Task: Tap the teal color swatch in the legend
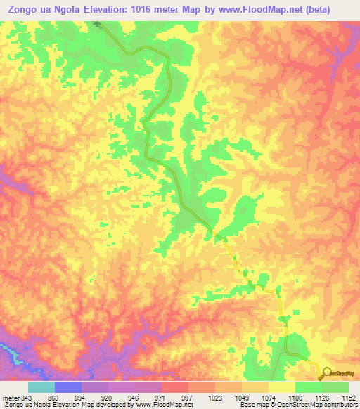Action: pyautogui.click(x=41, y=387)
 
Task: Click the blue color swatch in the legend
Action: pyautogui.click(x=67, y=387)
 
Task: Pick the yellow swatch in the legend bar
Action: pyautogui.click(x=281, y=387)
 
